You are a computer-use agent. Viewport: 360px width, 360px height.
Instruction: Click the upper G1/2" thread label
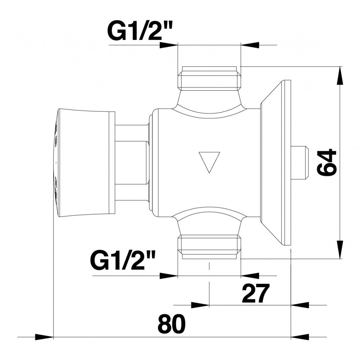click(140, 31)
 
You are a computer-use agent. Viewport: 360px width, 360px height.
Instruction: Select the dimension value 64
click(326, 162)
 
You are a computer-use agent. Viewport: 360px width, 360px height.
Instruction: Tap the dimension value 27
click(255, 293)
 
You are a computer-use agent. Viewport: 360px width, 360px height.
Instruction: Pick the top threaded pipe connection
click(210, 79)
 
